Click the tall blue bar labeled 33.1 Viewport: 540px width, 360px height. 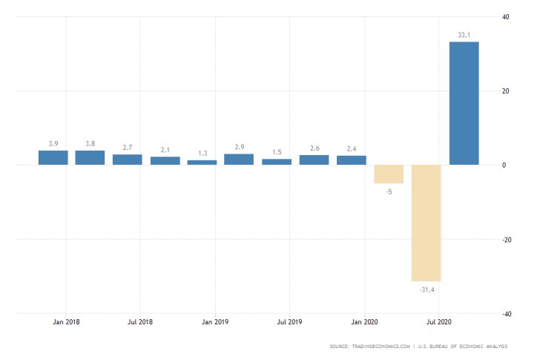pyautogui.click(x=464, y=103)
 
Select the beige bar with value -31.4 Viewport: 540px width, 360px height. pyautogui.click(x=427, y=223)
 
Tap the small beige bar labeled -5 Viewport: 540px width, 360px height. pyautogui.click(x=389, y=174)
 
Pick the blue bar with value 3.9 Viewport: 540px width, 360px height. pyautogui.click(x=53, y=157)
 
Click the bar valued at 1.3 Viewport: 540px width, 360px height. pyautogui.click(x=202, y=162)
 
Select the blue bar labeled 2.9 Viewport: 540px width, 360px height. pyautogui.click(x=239, y=159)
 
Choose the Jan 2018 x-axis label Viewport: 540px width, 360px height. pyautogui.click(x=66, y=322)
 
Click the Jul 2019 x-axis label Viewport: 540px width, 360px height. pyautogui.click(x=290, y=322)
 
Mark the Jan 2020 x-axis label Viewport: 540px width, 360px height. pyautogui.click(x=364, y=322)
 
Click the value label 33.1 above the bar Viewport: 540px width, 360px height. pyautogui.click(x=464, y=33)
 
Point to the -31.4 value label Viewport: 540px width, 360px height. pyautogui.click(x=426, y=289)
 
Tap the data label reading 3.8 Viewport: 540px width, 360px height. pyautogui.click(x=90, y=143)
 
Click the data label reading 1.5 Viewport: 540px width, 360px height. pyautogui.click(x=277, y=152)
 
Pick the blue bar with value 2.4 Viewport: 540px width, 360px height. pyautogui.click(x=352, y=160)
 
